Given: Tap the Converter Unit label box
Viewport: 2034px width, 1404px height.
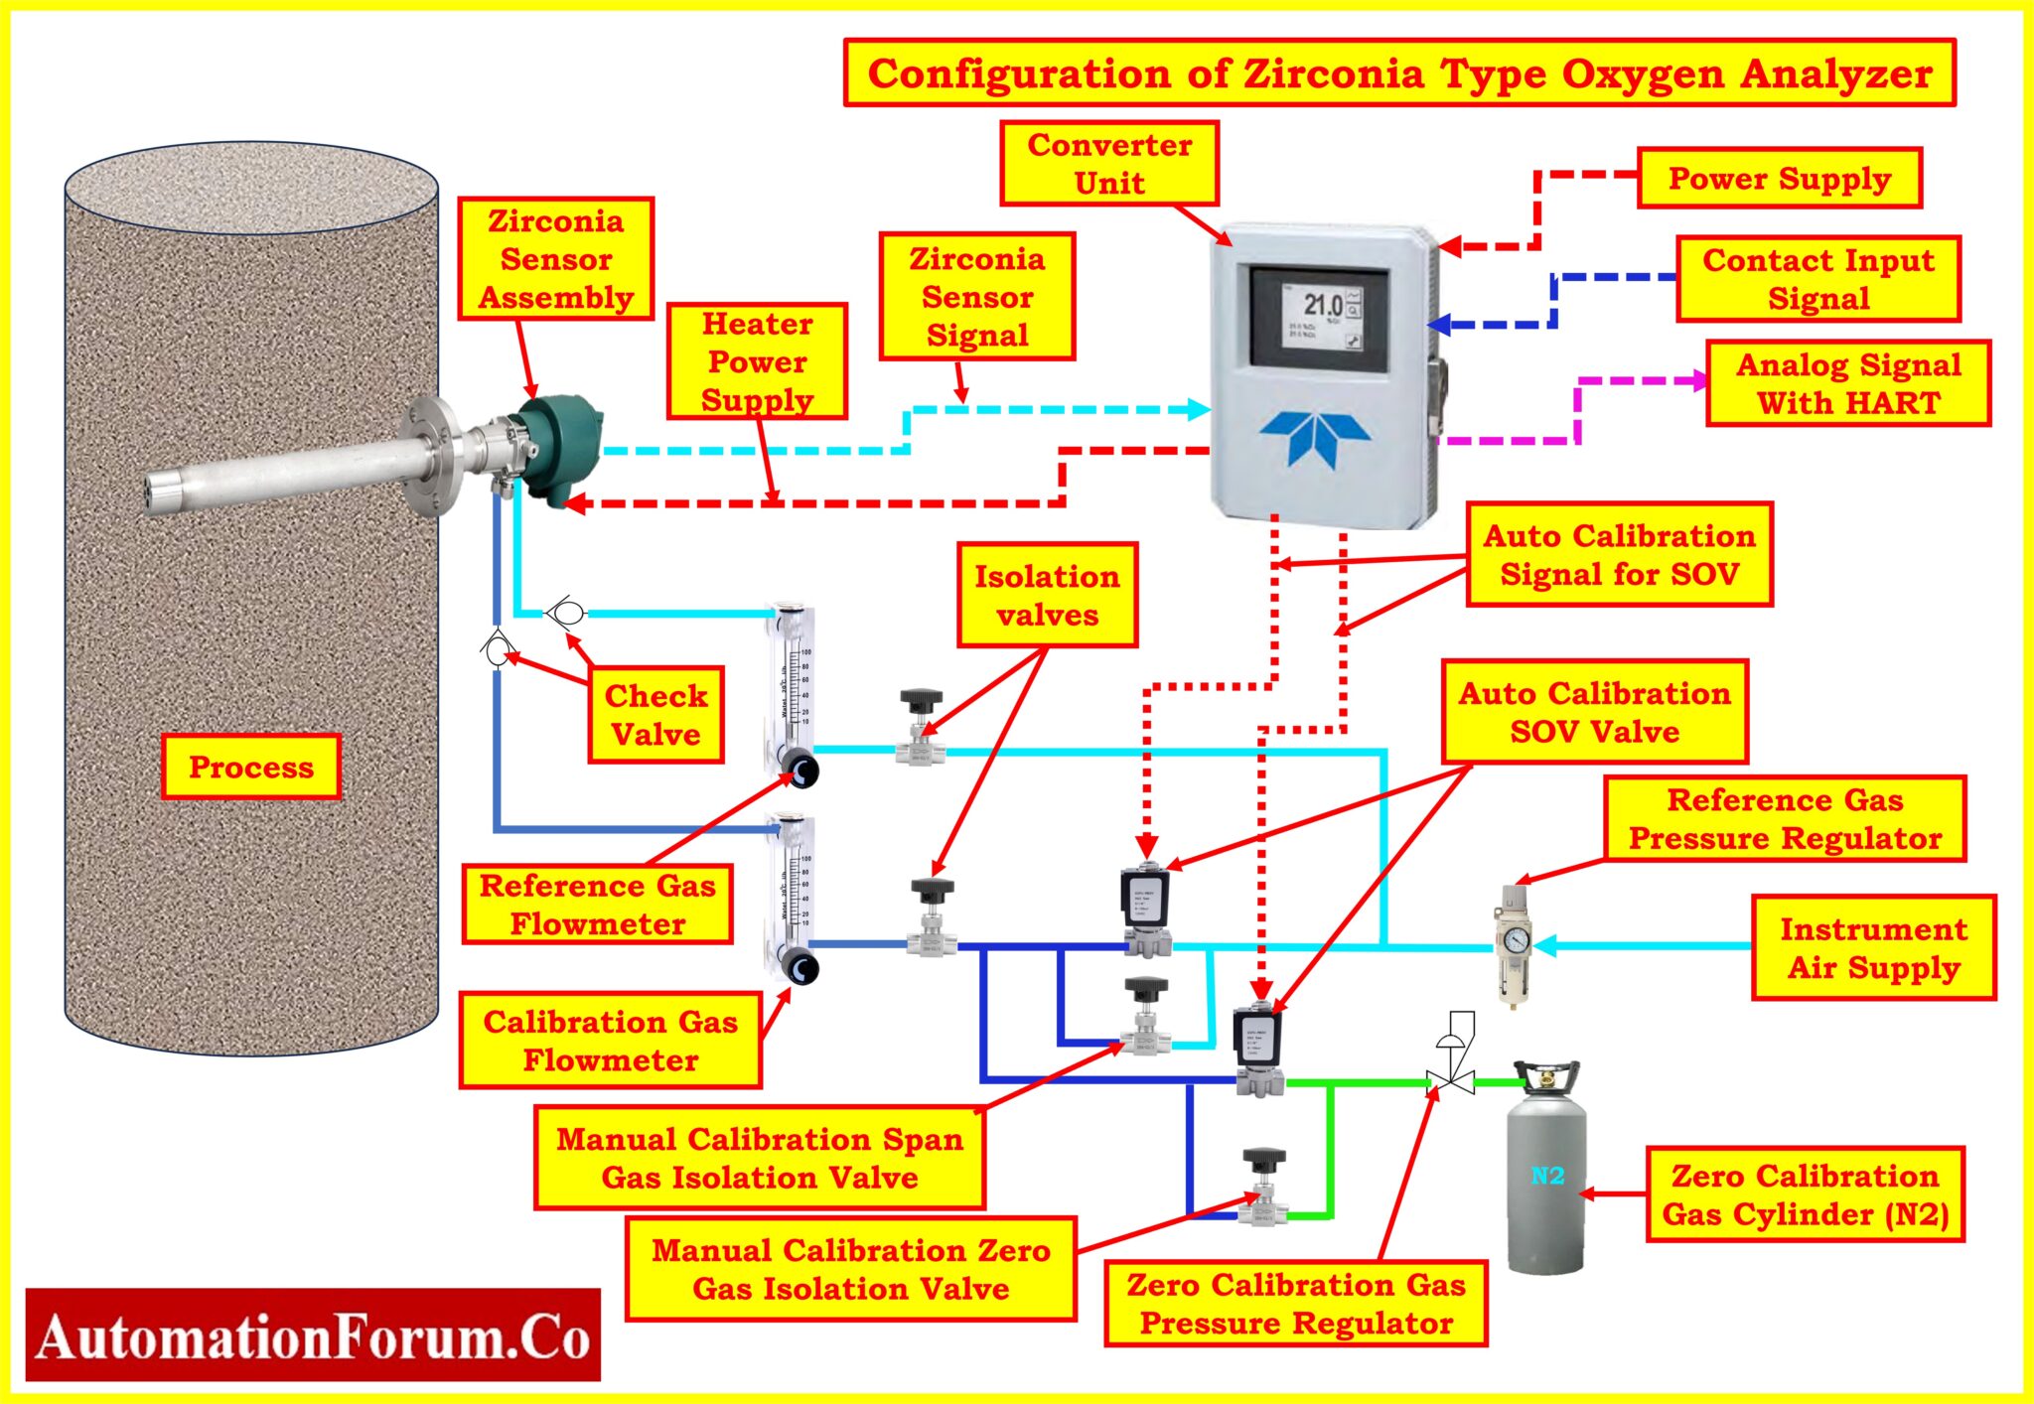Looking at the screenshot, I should tap(1109, 164).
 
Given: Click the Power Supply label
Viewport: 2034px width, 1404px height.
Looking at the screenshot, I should tap(1779, 179).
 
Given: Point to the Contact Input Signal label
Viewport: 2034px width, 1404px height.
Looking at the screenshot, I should tap(1817, 279).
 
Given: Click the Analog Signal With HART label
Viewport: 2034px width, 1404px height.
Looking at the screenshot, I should tap(1848, 383).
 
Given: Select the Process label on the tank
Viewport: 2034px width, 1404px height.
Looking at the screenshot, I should tap(251, 767).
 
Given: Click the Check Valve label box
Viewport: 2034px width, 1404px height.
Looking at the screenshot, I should tap(655, 715).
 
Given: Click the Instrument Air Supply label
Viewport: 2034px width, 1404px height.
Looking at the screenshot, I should tap(1873, 947).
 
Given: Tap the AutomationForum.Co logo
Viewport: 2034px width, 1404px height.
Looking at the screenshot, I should tap(313, 1335).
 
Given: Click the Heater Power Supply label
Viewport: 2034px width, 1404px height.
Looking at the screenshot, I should tap(757, 361).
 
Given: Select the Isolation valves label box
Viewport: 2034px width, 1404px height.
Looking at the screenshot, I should tap(1047, 595).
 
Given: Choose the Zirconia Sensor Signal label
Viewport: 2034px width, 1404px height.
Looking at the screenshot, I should tap(977, 297).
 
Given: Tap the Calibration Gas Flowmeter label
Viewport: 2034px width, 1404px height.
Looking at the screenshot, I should tap(610, 1040).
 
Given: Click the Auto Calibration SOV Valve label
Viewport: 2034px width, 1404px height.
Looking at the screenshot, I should tap(1594, 712).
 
